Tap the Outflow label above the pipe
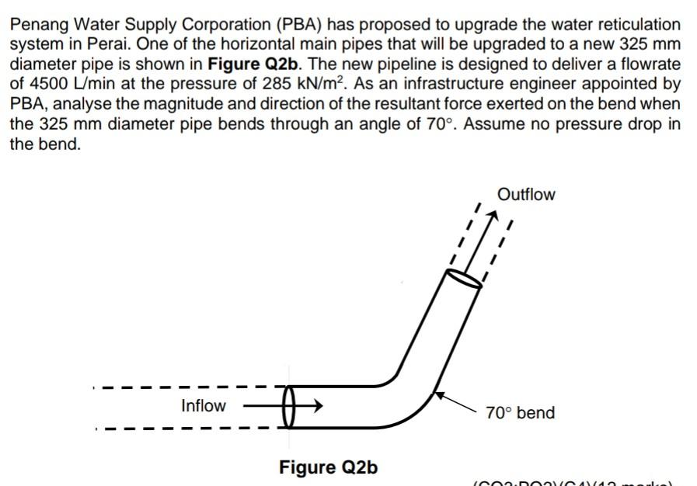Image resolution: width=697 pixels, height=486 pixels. pyautogui.click(x=526, y=195)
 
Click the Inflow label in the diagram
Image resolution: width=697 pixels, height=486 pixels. pyautogui.click(x=203, y=405)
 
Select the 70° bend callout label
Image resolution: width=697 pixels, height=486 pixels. pyautogui.click(x=520, y=413)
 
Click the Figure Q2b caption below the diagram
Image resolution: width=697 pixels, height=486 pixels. pyautogui.click(x=328, y=467)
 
